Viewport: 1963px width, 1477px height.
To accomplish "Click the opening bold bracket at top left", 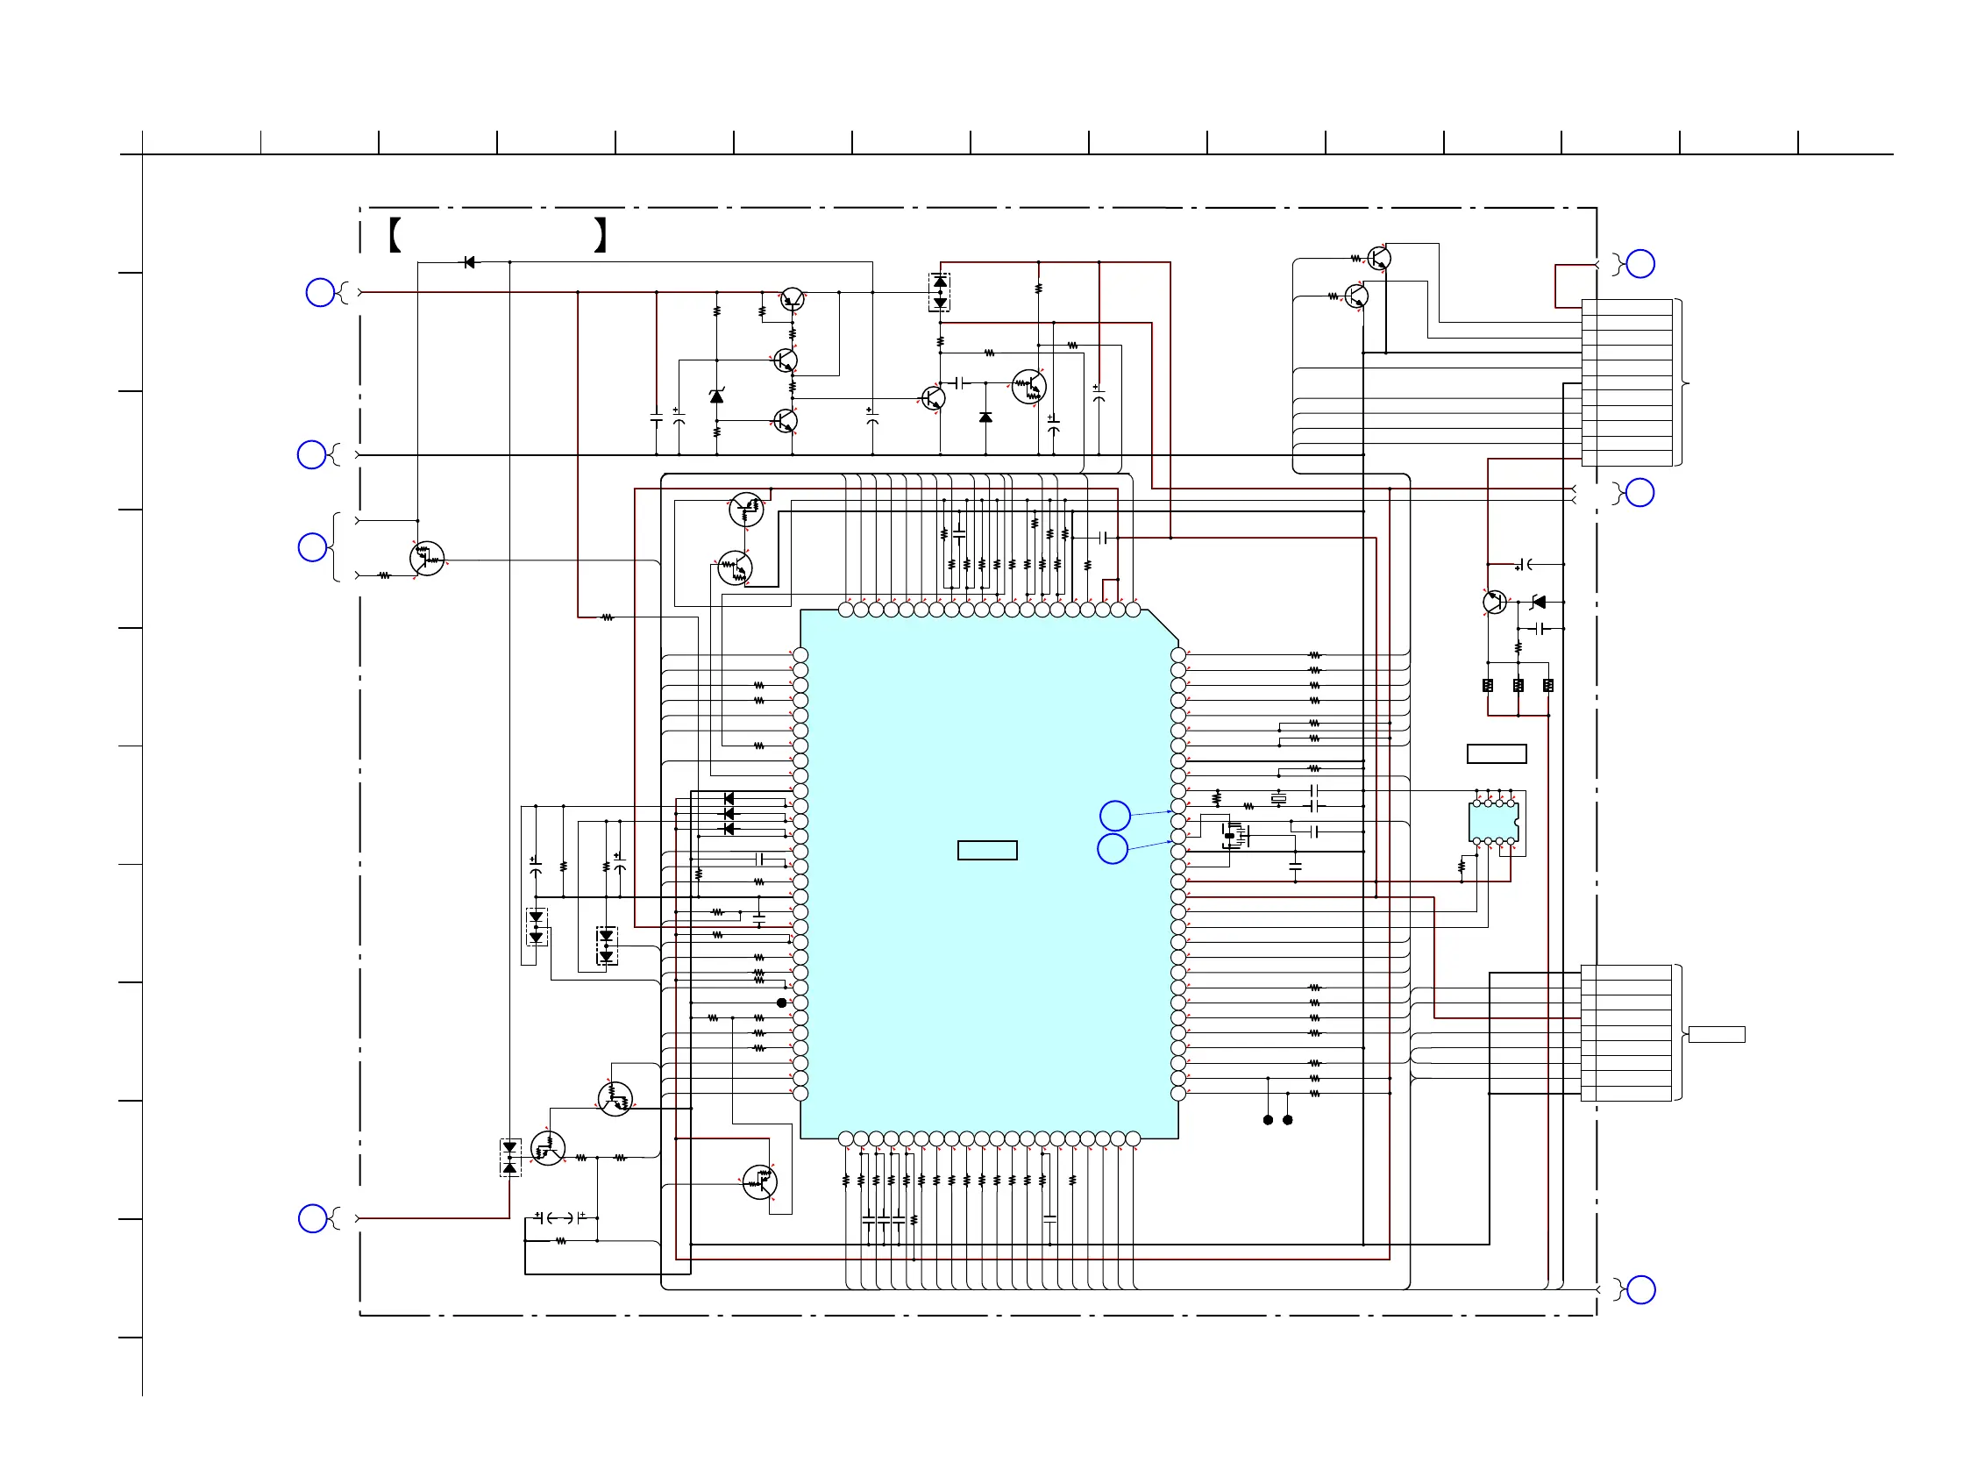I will click(x=395, y=235).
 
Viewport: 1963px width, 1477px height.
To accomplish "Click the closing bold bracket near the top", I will click(x=601, y=235).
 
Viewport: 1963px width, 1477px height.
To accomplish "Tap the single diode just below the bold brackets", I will click(x=469, y=263).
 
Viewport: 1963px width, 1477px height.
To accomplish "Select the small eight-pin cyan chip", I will click(x=1494, y=822).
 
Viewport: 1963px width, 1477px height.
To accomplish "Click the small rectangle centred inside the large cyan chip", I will click(x=987, y=851).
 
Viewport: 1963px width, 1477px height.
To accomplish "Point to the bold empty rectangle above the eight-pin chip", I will click(x=1497, y=753).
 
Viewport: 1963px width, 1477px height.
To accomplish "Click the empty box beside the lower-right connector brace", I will click(x=1717, y=1034).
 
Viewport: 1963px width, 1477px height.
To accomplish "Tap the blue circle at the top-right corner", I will click(x=1641, y=264).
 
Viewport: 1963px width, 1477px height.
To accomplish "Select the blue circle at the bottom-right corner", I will click(x=1641, y=1289).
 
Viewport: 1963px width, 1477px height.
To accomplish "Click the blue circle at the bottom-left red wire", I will click(x=312, y=1219).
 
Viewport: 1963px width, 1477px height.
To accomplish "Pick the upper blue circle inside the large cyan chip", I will click(x=1114, y=815).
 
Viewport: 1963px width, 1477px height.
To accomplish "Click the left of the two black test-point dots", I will click(x=1268, y=1120).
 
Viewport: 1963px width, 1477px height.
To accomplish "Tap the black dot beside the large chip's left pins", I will click(x=782, y=1003).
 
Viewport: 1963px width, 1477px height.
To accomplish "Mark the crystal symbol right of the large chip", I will click(x=1279, y=799).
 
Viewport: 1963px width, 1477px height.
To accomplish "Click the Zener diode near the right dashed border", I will click(x=1539, y=603).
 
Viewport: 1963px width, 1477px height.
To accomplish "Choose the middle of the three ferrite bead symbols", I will click(x=1518, y=685).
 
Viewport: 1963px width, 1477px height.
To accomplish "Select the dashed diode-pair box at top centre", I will click(x=940, y=292).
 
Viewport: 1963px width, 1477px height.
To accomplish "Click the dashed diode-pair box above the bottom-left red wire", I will click(x=510, y=1158).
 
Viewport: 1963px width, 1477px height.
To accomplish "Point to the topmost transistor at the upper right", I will click(x=1379, y=258).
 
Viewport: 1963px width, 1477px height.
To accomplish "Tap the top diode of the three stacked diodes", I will click(x=729, y=799).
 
